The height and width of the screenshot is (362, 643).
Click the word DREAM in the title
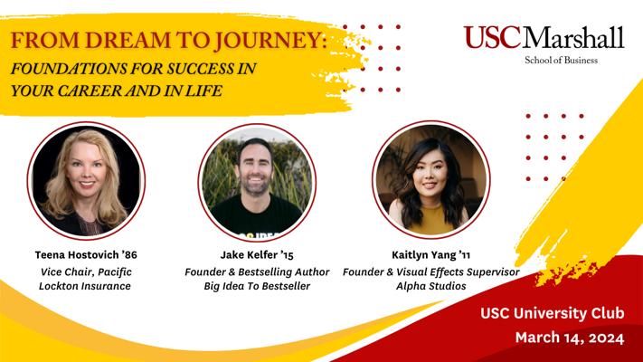click(128, 40)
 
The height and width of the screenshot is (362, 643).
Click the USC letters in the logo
click(493, 37)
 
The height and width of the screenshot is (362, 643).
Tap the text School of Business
click(561, 61)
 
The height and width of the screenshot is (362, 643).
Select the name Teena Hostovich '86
click(86, 255)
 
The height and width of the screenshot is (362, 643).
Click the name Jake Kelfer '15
click(257, 255)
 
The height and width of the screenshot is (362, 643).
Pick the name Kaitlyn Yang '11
click(431, 255)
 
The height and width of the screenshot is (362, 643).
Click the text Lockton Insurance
click(85, 286)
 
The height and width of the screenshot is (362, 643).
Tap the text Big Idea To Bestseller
click(257, 286)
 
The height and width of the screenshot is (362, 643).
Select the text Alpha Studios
click(431, 286)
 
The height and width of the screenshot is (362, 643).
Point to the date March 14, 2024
click(570, 338)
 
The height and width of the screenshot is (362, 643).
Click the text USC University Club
click(553, 313)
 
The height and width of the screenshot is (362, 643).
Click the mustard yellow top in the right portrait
click(431, 219)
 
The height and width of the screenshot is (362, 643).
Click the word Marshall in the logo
click(573, 37)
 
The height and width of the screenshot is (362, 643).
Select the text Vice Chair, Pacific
click(86, 272)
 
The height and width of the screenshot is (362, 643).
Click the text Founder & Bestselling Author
click(257, 272)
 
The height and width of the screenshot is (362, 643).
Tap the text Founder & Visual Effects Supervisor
click(431, 272)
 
